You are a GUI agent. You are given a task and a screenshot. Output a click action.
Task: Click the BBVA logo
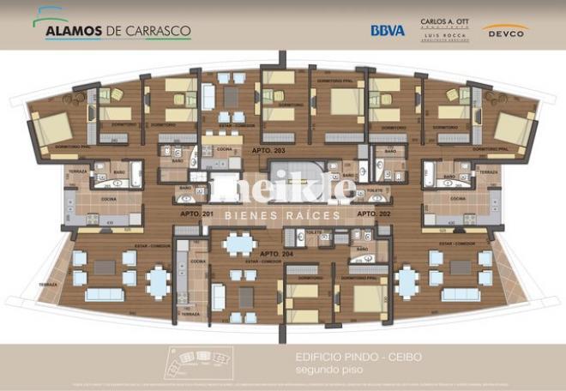point(388,30)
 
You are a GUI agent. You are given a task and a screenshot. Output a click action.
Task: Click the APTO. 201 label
point(196,213)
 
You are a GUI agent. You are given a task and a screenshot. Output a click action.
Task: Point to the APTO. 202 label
point(373,213)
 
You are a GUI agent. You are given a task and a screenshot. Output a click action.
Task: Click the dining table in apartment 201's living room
point(158,280)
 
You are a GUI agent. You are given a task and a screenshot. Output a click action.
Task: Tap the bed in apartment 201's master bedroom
point(53,129)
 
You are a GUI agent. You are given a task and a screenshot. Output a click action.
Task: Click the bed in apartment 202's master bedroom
point(514,129)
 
